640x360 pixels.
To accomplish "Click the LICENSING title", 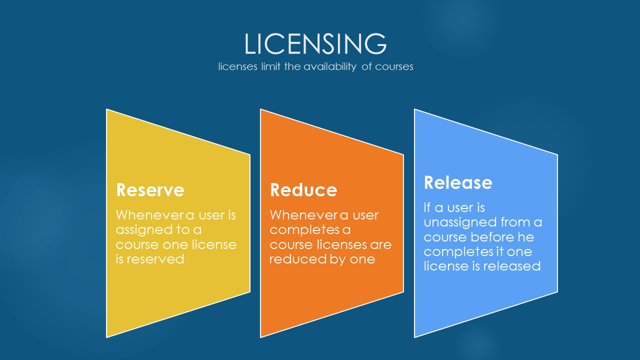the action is coord(315,43).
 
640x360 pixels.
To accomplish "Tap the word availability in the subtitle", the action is coord(329,67).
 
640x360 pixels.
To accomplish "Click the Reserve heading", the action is coord(150,189).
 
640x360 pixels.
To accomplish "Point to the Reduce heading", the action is coord(303,189).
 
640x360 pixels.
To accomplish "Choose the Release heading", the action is coord(458,182).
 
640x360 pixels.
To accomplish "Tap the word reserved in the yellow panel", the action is coord(155,259).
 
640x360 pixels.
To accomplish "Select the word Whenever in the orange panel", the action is coord(304,215).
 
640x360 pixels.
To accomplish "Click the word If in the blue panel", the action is coord(427,207).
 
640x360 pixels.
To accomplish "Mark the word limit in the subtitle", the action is coord(270,66).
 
